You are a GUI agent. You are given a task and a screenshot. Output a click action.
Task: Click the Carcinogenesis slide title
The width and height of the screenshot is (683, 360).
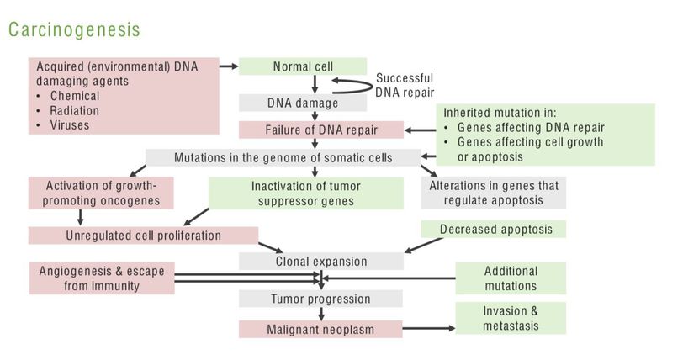click(x=75, y=29)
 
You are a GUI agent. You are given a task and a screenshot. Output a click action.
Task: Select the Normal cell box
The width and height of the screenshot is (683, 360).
click(x=303, y=66)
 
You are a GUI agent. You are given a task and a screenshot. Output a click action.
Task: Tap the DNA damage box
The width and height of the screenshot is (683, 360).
click(x=303, y=103)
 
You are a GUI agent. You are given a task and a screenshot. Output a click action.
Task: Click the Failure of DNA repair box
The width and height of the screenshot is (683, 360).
click(x=320, y=130)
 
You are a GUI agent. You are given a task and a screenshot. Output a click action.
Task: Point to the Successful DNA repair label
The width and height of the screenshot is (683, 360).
click(x=405, y=85)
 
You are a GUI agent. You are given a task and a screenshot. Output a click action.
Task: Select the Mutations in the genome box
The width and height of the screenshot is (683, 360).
click(x=282, y=157)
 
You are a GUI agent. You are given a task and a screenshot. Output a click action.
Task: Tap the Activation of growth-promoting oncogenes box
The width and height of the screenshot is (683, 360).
click(x=101, y=193)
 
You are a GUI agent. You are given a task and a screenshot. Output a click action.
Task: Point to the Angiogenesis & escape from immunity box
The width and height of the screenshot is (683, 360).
click(x=101, y=278)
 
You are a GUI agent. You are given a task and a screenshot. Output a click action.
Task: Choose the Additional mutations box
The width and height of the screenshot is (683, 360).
click(x=511, y=278)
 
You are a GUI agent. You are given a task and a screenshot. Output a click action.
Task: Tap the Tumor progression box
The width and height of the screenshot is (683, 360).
click(x=320, y=299)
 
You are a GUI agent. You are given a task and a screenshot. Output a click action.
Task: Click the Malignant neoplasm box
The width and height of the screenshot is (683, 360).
click(x=320, y=329)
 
